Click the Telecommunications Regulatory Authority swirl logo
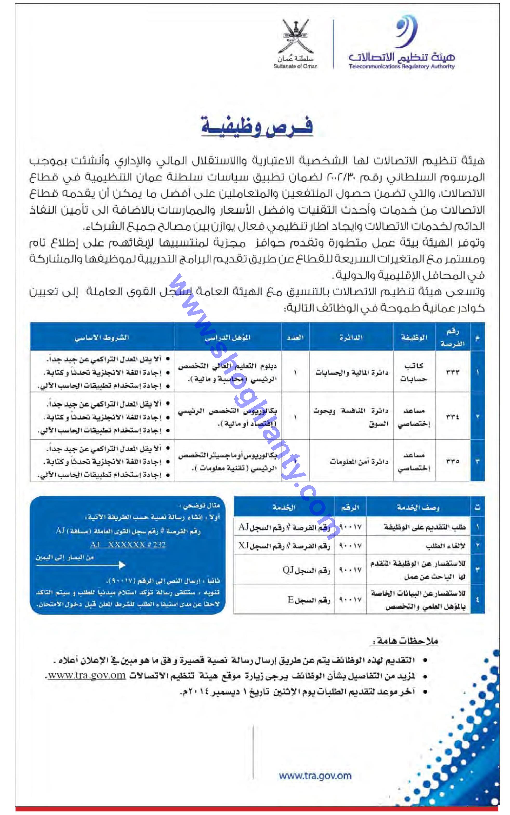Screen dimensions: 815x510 [x=407, y=33]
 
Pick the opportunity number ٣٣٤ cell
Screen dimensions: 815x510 [x=452, y=417]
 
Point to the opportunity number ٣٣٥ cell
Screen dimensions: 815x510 [x=452, y=461]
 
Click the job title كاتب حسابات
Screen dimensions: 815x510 [x=414, y=372]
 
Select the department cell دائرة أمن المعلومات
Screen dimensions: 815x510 [x=359, y=462]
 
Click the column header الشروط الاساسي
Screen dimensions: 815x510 [x=102, y=337]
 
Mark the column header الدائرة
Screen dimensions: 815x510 [x=351, y=337]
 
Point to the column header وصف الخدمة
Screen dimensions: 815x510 [x=418, y=507]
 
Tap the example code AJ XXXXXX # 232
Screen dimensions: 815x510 [x=128, y=545]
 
